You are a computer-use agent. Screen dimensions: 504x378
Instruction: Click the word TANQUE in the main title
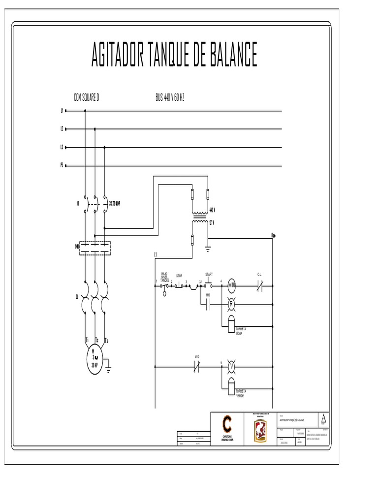(x=170, y=55)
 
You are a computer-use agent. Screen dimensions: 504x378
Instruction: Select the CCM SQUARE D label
(x=87, y=97)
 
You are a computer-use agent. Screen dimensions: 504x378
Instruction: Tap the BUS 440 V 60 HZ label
(x=170, y=97)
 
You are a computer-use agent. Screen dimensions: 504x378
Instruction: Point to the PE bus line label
(x=63, y=166)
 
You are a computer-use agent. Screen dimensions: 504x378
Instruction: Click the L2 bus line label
(x=63, y=129)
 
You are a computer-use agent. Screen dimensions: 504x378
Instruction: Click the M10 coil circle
(x=232, y=285)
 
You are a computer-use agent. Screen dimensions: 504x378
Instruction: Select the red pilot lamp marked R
(x=230, y=304)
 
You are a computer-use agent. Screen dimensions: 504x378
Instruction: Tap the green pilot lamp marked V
(x=230, y=367)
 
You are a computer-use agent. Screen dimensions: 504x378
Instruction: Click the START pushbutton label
(x=209, y=274)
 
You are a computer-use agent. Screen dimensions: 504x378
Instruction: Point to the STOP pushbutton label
(x=179, y=276)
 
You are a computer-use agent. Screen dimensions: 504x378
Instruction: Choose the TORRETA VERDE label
(x=241, y=393)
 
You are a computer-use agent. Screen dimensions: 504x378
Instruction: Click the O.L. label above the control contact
(x=260, y=274)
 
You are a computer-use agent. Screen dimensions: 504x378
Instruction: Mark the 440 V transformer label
(x=213, y=210)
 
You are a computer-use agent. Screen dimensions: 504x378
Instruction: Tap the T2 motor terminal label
(x=96, y=340)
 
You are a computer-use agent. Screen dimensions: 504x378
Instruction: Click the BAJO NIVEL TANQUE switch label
(x=164, y=277)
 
